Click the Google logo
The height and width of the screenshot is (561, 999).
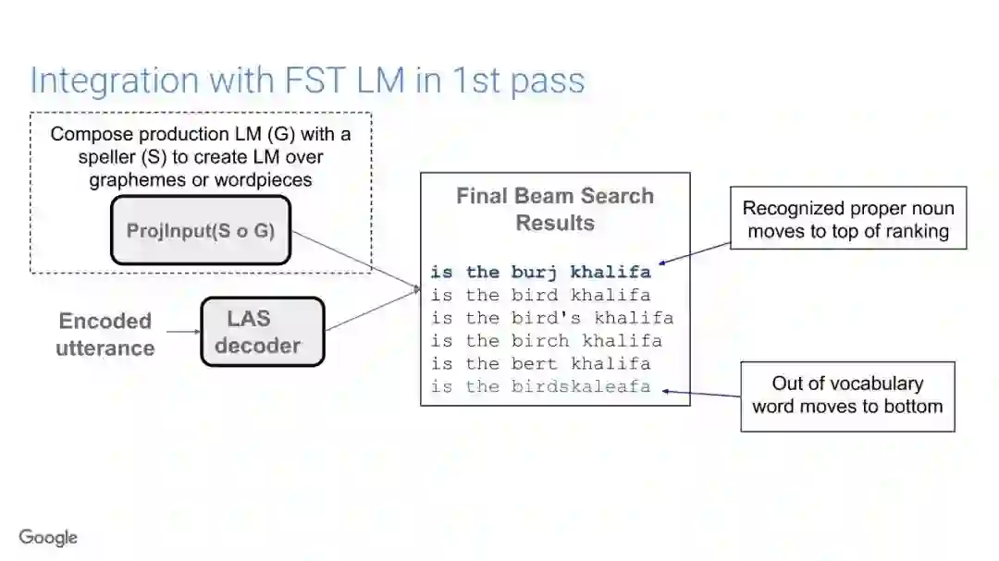48,537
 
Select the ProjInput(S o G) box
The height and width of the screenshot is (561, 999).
201,230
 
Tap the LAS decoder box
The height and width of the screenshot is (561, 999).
263,332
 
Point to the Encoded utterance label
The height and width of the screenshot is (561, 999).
105,335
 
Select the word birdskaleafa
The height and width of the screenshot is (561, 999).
581,386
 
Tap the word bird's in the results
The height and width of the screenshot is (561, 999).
546,318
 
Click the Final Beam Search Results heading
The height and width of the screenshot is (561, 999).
555,209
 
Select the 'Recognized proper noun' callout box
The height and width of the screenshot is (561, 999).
848,219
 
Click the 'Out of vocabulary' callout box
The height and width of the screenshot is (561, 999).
847,395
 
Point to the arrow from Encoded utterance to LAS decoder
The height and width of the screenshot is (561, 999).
183,332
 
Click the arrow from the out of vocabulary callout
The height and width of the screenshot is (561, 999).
701,394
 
